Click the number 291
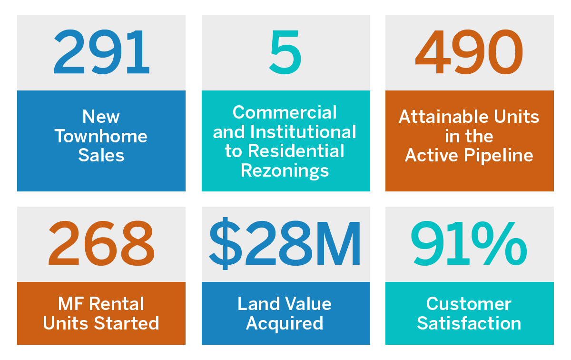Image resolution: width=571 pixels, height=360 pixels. click(x=101, y=52)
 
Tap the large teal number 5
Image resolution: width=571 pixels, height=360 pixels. click(x=285, y=52)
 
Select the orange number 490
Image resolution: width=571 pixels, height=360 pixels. click(x=469, y=52)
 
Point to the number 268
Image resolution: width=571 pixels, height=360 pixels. click(x=101, y=244)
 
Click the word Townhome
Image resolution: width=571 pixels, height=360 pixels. click(x=101, y=136)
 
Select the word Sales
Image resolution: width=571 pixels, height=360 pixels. click(x=101, y=155)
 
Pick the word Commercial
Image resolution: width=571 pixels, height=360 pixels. click(x=285, y=113)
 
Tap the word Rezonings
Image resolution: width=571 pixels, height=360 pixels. click(x=285, y=170)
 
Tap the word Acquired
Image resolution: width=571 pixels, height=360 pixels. click(x=285, y=323)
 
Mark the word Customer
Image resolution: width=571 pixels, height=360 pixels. click(x=469, y=304)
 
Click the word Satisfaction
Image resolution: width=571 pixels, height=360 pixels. click(x=469, y=323)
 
